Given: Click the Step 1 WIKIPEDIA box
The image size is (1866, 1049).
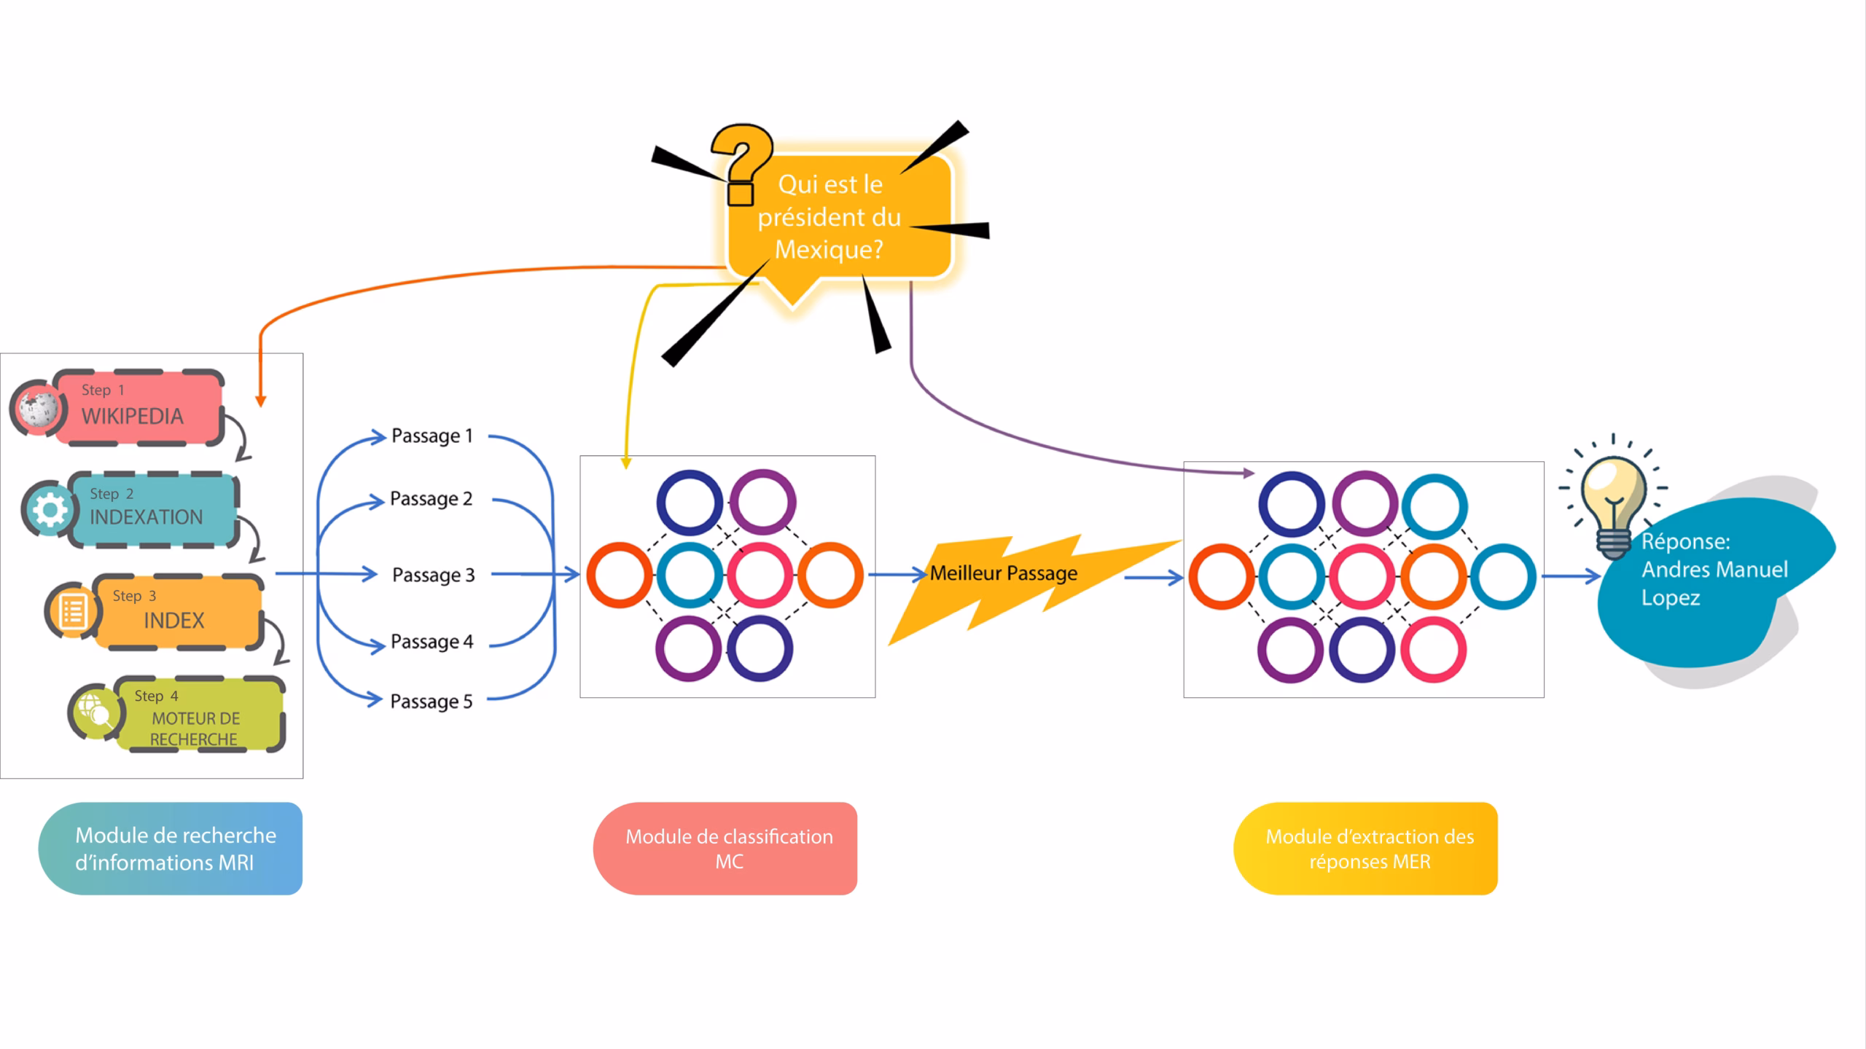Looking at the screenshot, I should click(x=138, y=408).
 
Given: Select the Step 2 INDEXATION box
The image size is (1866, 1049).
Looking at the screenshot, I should click(x=153, y=510).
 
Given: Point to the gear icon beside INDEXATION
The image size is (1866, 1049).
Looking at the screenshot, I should click(x=49, y=509).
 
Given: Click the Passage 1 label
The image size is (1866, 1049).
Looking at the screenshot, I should click(x=432, y=436).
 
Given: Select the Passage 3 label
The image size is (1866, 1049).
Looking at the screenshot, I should click(x=433, y=575).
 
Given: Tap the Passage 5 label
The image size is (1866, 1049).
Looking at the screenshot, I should click(x=431, y=701).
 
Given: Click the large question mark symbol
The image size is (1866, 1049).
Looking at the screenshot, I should click(x=741, y=164).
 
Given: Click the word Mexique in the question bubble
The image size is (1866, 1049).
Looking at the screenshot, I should click(x=828, y=250).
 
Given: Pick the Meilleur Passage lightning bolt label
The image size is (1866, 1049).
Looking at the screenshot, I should click(x=1003, y=573).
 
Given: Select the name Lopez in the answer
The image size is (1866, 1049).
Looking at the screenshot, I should click(x=1670, y=598).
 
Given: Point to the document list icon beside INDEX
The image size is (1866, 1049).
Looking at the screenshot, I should click(x=72, y=610).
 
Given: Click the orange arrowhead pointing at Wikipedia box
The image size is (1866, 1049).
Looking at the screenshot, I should click(x=260, y=401).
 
